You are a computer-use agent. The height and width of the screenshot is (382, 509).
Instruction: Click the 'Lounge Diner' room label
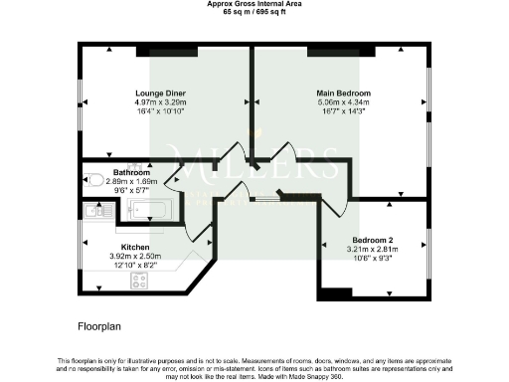pyautogui.click(x=161, y=95)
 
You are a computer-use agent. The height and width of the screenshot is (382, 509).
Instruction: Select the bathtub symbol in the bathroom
pyautogui.click(x=150, y=209)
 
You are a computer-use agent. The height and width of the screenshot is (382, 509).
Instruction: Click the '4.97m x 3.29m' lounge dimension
pyautogui.click(x=161, y=102)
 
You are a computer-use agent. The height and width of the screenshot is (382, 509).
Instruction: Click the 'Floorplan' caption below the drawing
pyautogui.click(x=99, y=325)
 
